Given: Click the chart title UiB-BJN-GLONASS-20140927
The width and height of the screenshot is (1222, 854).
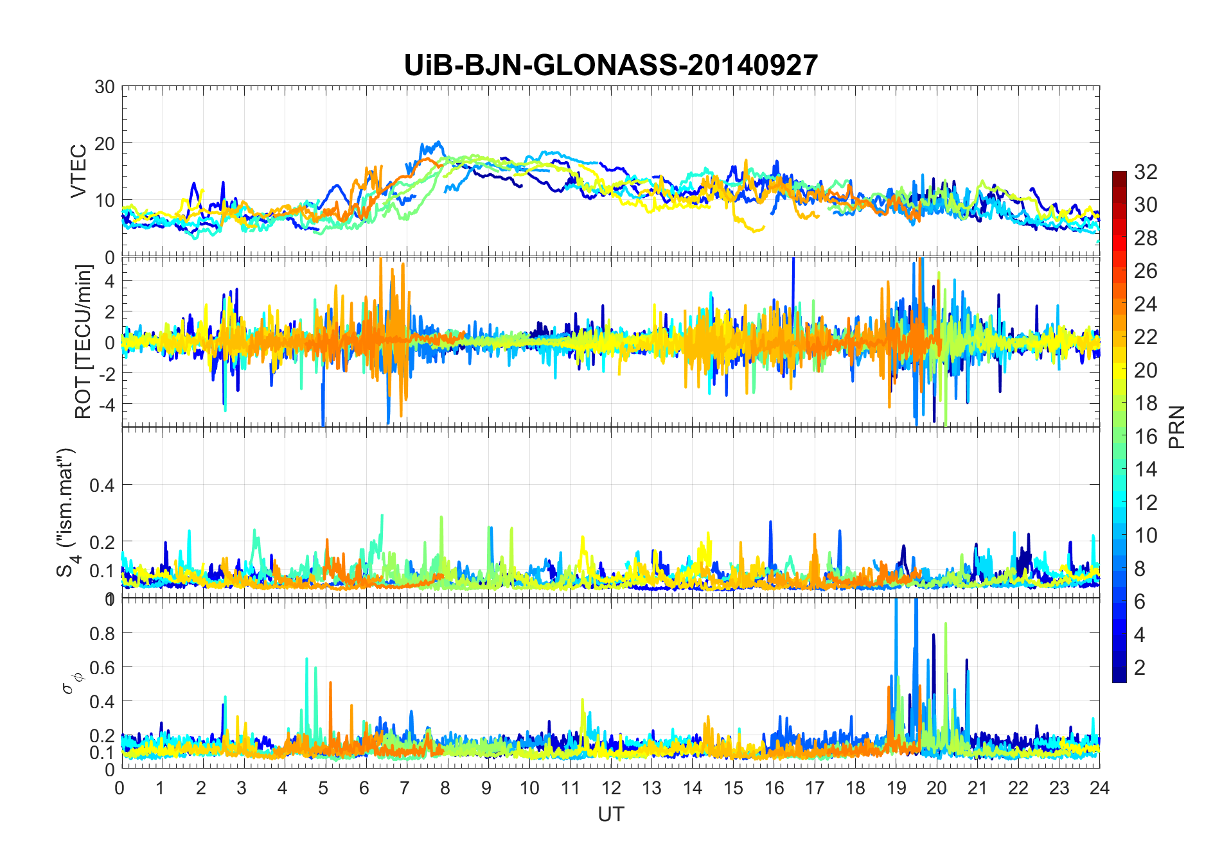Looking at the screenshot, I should (610, 65).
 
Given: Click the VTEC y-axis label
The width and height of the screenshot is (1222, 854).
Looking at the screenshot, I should (78, 171).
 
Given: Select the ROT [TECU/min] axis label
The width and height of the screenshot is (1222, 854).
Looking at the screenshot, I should (84, 342).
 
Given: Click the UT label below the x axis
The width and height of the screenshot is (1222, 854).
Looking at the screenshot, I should (610, 814).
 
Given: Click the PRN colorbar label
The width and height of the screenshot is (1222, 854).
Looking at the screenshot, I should (1176, 427).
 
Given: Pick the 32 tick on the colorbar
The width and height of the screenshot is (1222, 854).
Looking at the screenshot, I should (1146, 171).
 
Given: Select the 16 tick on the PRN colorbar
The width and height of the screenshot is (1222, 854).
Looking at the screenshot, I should (1146, 437).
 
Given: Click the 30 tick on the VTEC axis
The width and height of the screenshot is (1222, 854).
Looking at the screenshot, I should (105, 87).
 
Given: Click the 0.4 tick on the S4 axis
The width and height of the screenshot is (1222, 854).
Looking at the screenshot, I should (102, 485).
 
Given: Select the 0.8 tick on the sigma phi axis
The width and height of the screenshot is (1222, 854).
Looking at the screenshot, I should (102, 633).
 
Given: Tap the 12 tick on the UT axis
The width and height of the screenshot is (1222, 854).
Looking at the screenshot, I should (610, 788).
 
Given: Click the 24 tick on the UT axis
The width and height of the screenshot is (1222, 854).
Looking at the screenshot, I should (1099, 788).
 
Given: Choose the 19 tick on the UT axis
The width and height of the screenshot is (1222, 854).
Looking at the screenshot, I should (896, 788).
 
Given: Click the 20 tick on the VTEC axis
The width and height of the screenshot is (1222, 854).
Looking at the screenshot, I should (105, 143).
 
